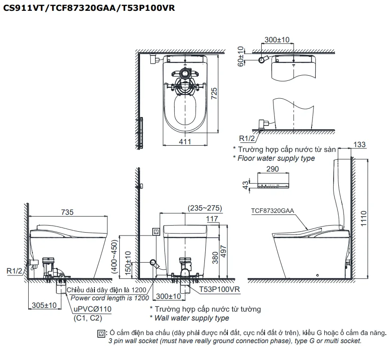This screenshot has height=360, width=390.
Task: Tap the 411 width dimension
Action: [x=185, y=141]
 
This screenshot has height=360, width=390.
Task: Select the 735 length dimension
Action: [x=67, y=212]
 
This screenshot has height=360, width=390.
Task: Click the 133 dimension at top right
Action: [x=359, y=145]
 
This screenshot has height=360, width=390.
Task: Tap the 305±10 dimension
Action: [x=44, y=305]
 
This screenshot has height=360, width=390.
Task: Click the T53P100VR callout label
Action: [x=219, y=290]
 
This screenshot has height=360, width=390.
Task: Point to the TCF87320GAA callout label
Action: [x=273, y=211]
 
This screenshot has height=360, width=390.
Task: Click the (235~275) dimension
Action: [x=205, y=208]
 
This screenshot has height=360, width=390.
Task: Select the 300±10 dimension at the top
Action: [x=277, y=40]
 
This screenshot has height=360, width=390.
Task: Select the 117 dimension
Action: [x=212, y=218]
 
